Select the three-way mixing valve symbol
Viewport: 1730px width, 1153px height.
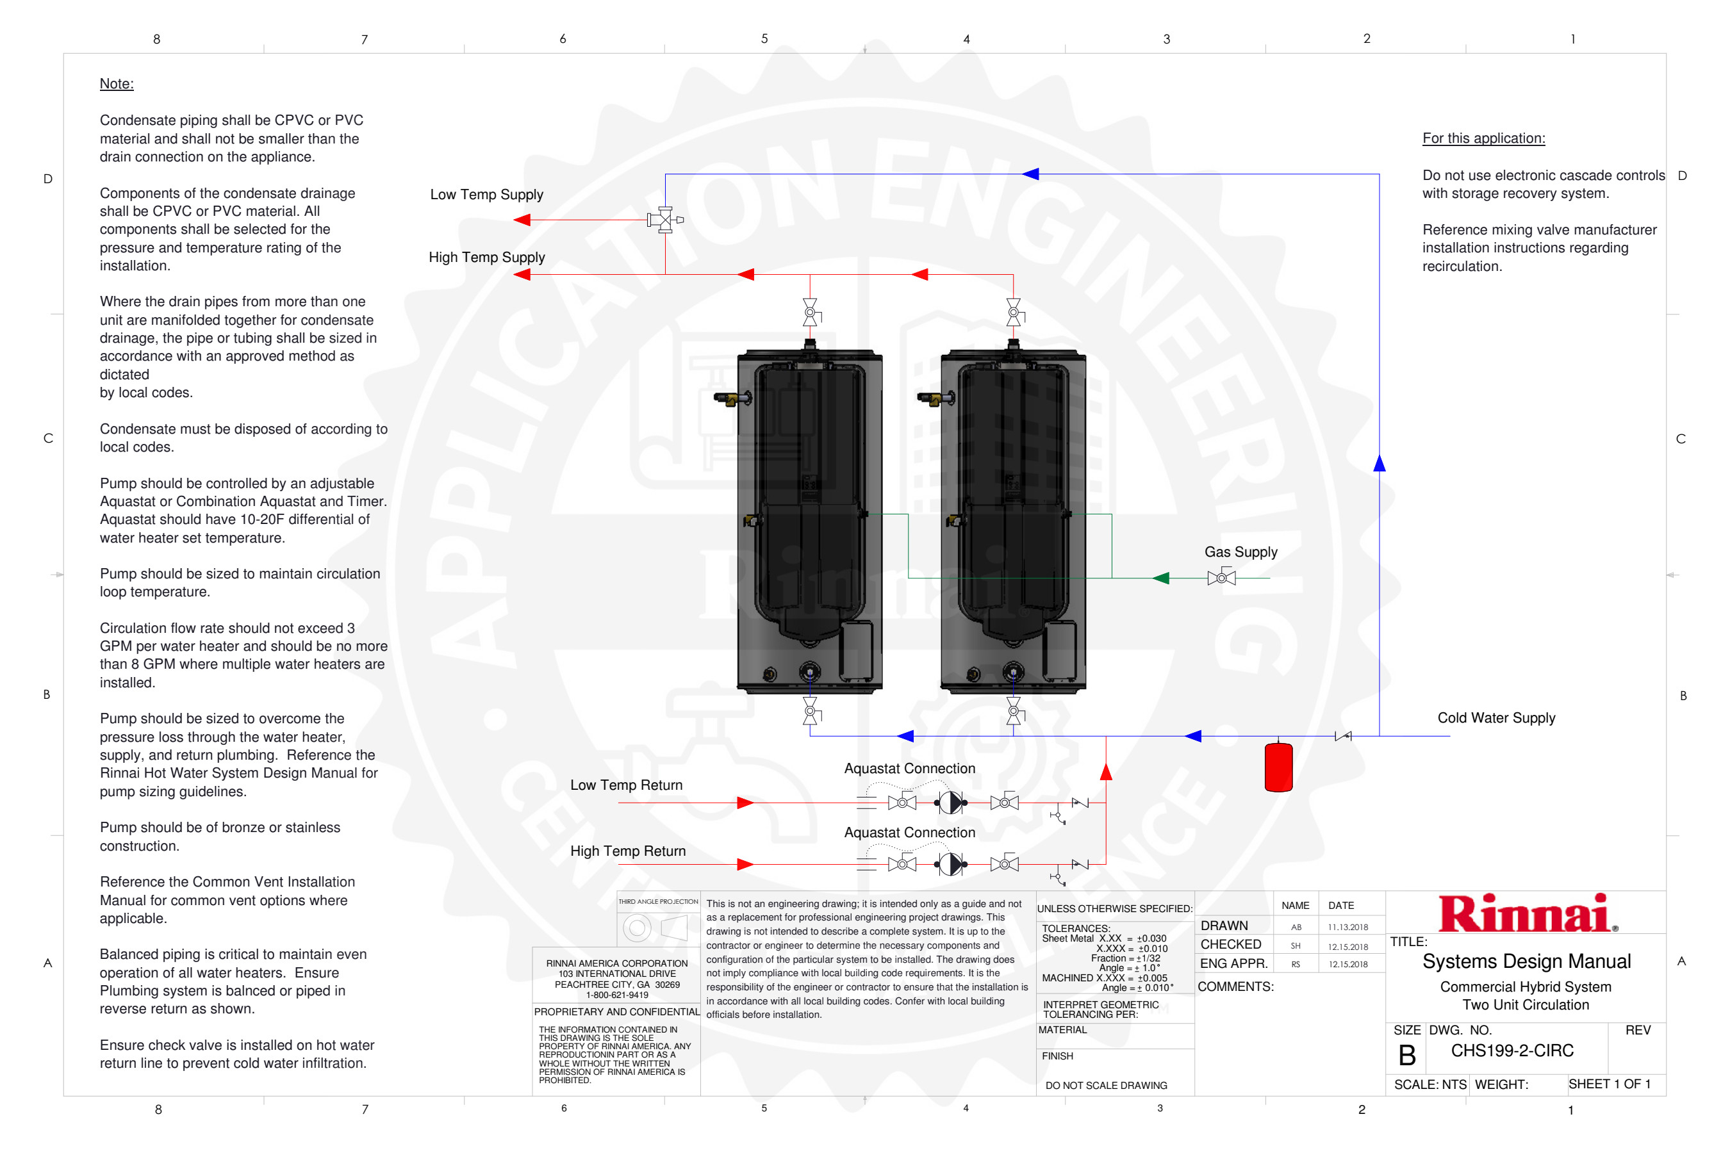point(665,219)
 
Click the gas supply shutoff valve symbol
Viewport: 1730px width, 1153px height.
point(1221,578)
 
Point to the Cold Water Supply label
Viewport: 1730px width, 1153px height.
point(1496,717)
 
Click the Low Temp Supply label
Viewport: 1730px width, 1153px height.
point(486,194)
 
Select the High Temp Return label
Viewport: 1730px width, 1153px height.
point(627,851)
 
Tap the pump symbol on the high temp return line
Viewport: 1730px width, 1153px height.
point(950,864)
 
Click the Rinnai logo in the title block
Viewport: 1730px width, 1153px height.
point(1526,913)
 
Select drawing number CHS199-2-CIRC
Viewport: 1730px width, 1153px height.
point(1512,1051)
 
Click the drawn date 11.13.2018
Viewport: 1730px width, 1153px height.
point(1347,928)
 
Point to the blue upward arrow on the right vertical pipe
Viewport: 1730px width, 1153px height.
point(1379,462)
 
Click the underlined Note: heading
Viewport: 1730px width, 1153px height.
point(116,84)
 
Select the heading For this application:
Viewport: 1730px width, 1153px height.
point(1483,138)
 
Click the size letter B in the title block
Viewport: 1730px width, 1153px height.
point(1406,1056)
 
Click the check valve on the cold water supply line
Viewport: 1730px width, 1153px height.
point(1342,736)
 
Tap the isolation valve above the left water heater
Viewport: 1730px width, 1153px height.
point(810,313)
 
